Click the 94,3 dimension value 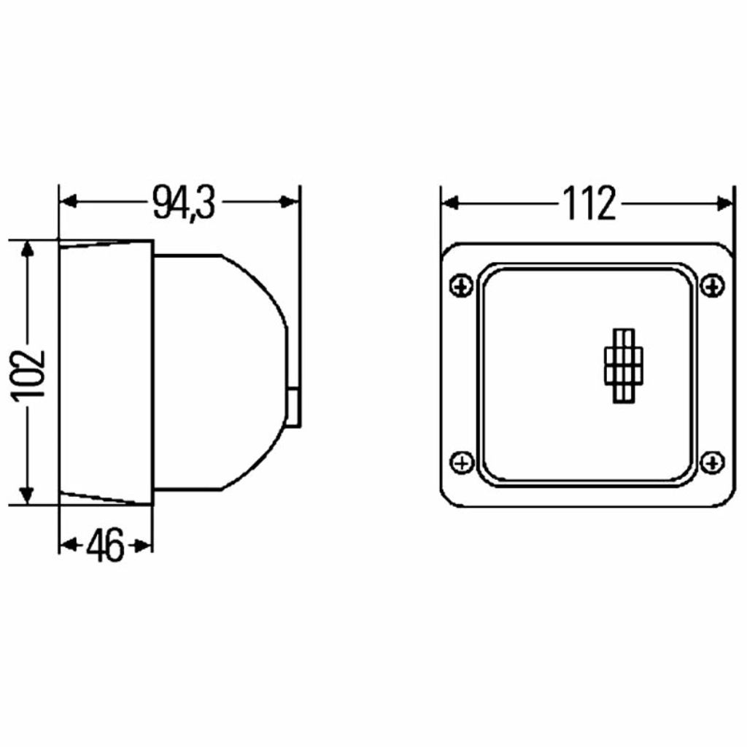pos(184,203)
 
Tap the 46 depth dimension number pos(105,545)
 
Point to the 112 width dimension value pos(589,204)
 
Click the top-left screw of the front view pos(461,286)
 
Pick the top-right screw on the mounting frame pos(713,286)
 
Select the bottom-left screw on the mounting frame pos(462,462)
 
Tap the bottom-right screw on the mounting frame pos(713,462)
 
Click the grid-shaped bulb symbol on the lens pos(624,366)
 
